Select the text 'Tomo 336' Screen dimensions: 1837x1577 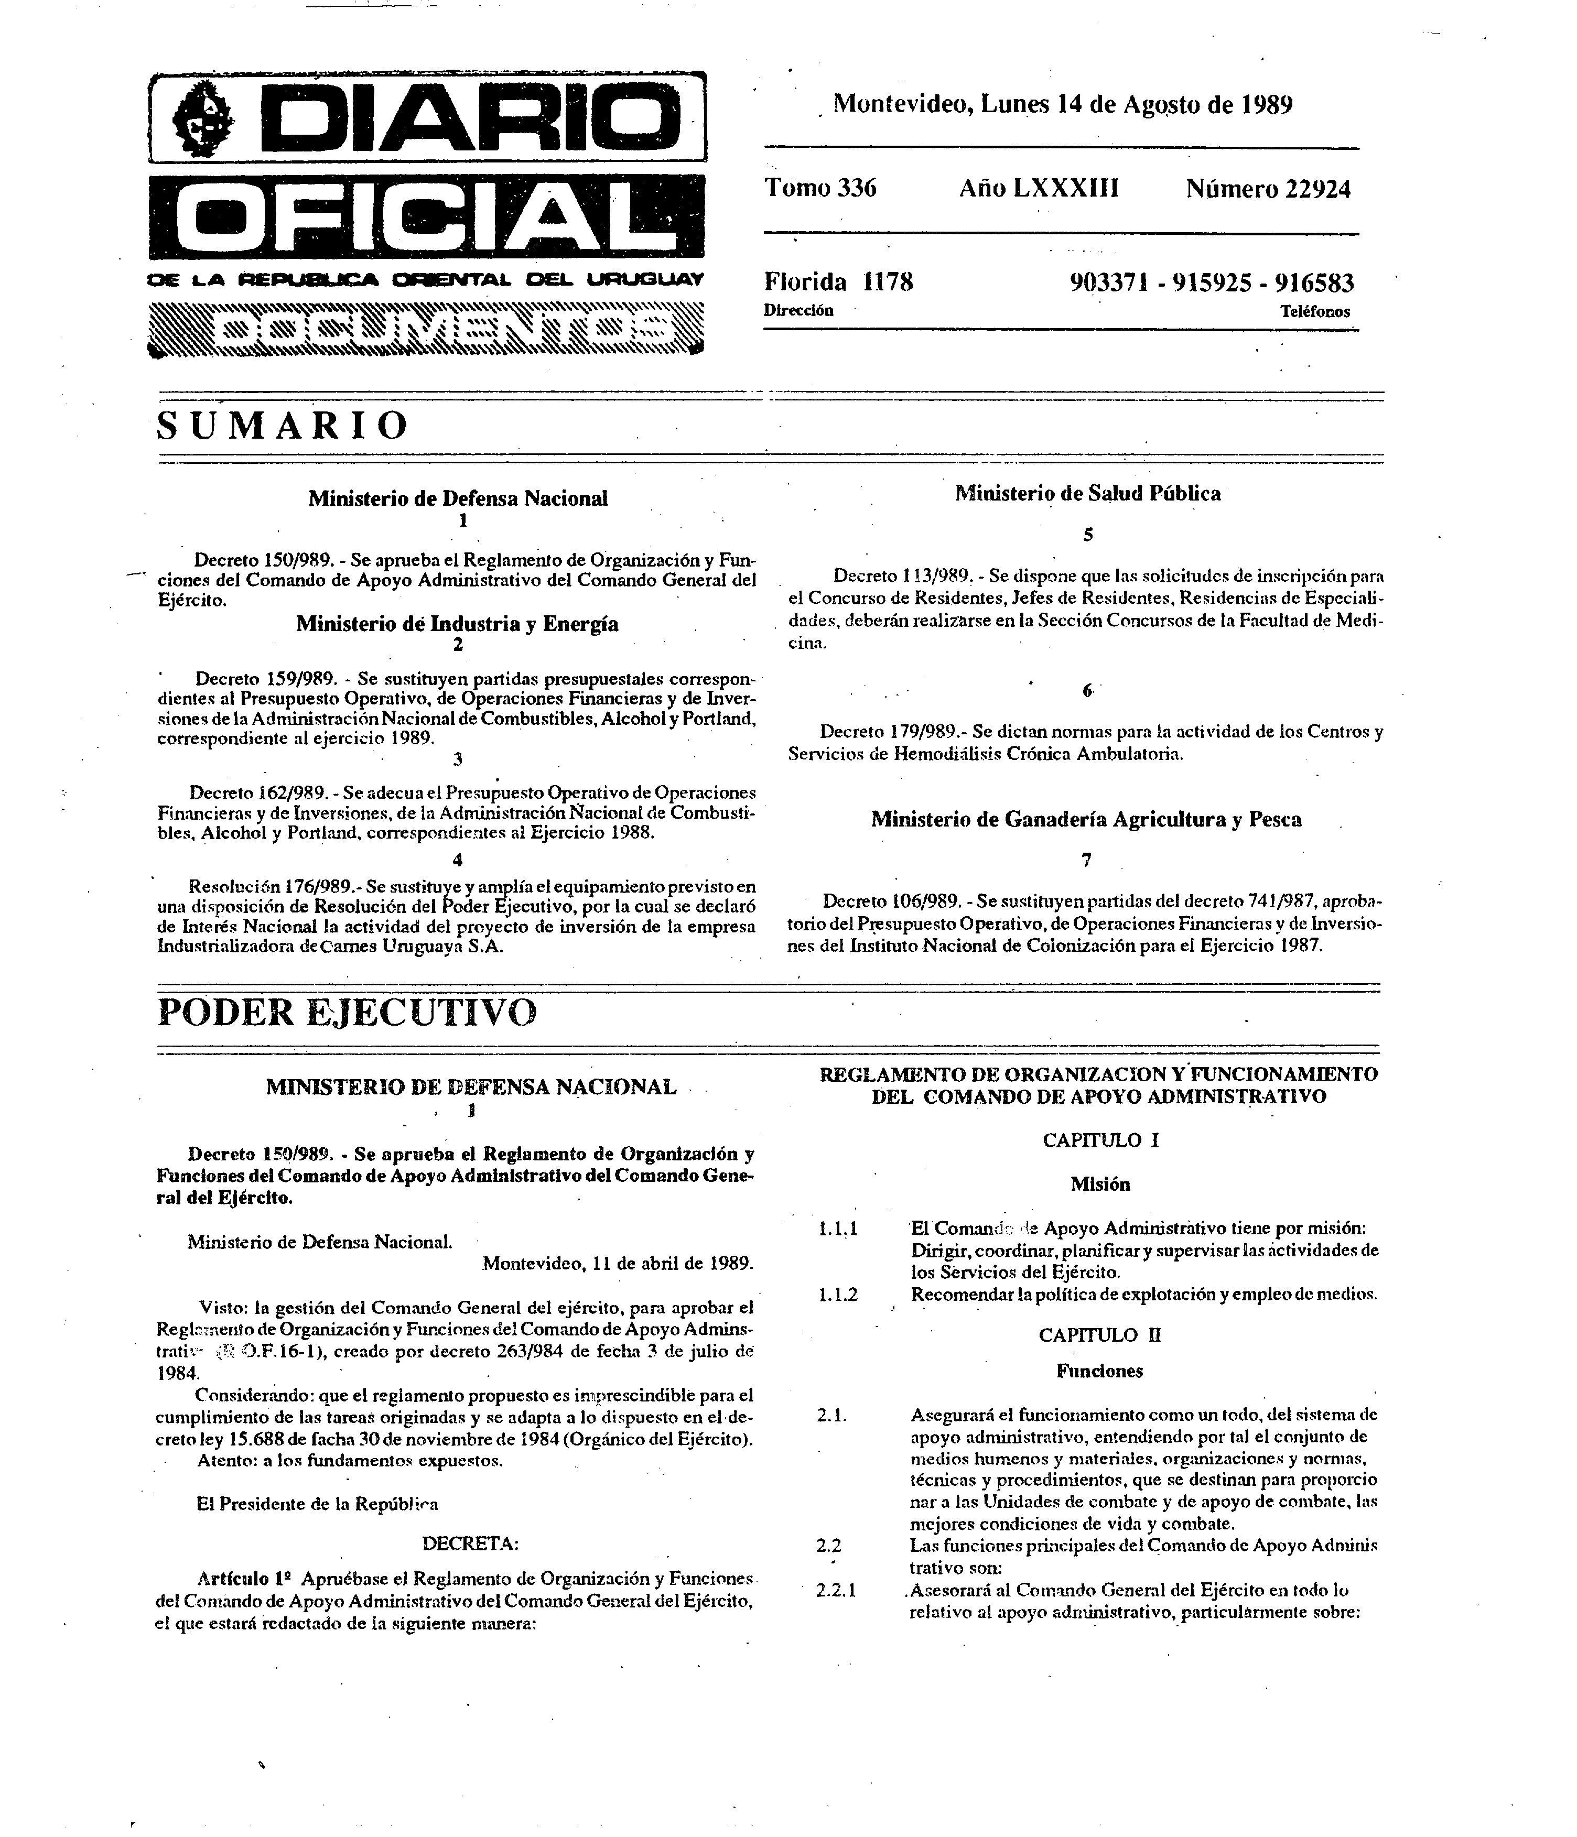point(820,188)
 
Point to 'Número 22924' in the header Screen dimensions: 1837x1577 point(1268,189)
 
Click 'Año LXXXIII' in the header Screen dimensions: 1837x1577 point(1039,188)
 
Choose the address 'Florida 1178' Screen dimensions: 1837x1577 point(838,282)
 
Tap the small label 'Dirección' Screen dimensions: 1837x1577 point(798,310)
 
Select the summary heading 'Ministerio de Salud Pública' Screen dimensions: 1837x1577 point(1087,494)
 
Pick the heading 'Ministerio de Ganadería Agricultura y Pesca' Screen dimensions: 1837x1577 point(1086,819)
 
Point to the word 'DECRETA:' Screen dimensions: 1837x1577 point(470,1543)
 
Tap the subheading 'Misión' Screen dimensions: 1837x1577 point(1100,1184)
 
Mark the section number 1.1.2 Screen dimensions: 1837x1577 point(837,1295)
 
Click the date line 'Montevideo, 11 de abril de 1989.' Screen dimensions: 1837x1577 point(618,1264)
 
